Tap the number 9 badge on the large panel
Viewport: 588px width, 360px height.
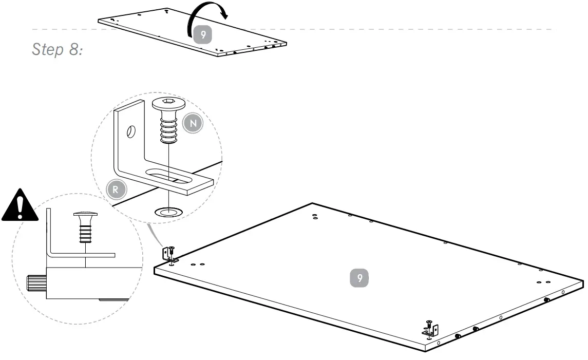tap(359, 278)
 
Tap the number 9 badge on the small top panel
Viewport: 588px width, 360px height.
tap(203, 35)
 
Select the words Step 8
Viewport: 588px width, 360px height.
tap(58, 50)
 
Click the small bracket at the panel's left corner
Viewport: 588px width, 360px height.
tap(167, 254)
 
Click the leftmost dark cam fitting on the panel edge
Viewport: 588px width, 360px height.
tap(458, 336)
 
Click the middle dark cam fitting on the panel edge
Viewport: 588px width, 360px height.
tap(476, 329)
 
